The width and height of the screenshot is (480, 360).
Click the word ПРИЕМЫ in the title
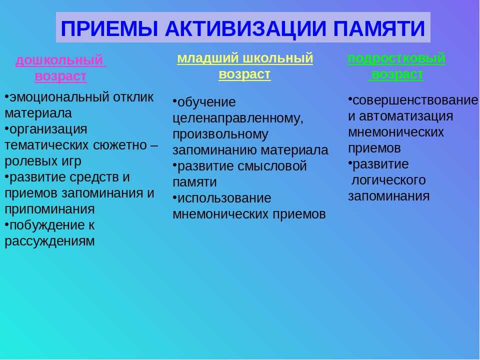coord(109,28)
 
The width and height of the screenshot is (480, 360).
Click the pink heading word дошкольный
coord(59,60)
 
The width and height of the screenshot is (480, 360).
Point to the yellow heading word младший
coord(208,58)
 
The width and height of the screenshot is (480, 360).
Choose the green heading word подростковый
coord(396,58)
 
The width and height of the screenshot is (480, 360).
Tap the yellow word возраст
coord(245,74)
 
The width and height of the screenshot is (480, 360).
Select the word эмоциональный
coord(59,97)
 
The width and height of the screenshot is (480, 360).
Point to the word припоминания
coord(49,209)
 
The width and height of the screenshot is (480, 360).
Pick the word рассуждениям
coord(49,241)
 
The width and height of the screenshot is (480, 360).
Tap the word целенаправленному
coord(238,118)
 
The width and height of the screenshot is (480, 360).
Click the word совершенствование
coord(415,100)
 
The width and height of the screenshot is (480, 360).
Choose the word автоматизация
coord(406,116)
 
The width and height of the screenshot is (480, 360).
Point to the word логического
coord(389,180)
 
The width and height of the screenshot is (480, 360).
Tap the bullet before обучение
coord(175,100)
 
